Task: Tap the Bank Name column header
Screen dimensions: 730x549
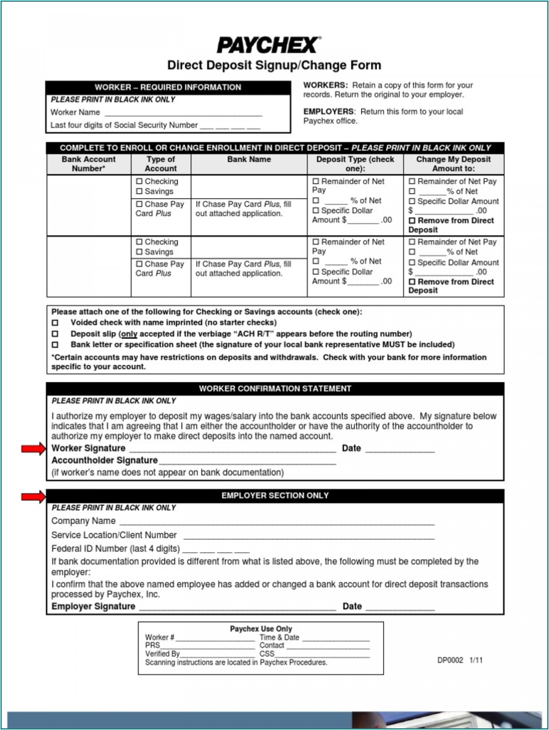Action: (x=249, y=160)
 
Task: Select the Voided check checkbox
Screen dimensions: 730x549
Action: (x=55, y=323)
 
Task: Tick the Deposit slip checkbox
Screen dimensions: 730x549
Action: (x=55, y=334)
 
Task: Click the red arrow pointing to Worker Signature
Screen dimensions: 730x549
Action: (x=33, y=448)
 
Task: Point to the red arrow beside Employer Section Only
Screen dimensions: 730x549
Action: (x=33, y=497)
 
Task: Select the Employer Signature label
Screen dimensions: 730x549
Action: (x=93, y=606)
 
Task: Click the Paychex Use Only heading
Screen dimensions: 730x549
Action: (x=261, y=629)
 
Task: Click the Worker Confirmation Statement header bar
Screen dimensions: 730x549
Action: (x=275, y=389)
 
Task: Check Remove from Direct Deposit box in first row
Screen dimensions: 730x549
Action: (x=411, y=221)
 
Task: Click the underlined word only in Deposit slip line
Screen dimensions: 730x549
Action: (x=129, y=334)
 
